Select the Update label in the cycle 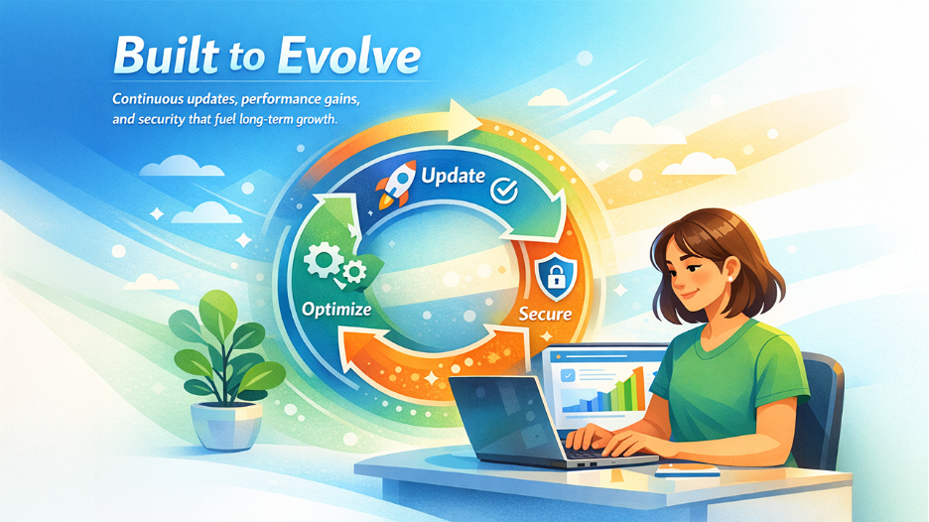(453, 176)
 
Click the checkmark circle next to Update (504, 187)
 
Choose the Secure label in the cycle (545, 314)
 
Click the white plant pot (226, 424)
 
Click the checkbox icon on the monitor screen (567, 375)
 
